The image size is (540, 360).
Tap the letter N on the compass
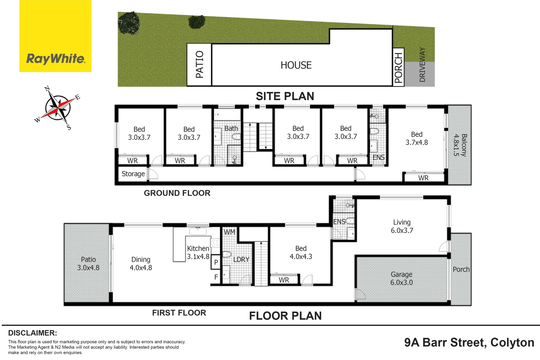pos(47,89)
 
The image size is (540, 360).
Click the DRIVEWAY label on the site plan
pos(422,65)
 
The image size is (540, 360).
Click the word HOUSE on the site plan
pos(296,65)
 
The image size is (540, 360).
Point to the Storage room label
pos(133,174)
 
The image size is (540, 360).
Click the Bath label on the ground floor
pos(231,128)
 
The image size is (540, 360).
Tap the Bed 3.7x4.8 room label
pos(416,138)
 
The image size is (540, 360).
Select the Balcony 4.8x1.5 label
pos(460,145)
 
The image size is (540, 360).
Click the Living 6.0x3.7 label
pos(402,226)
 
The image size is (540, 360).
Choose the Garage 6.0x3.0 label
pos(401,278)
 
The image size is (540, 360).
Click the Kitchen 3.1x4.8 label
pos(198,252)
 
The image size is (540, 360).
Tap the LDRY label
pos(241,260)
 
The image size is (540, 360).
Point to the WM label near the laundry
pos(229,232)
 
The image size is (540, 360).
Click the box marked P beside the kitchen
pos(216,262)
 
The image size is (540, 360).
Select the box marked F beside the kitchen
pos(216,277)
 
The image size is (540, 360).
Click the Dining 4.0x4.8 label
pos(141,263)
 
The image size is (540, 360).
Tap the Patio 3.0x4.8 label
pos(88,263)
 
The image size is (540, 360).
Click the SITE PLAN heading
pos(285,96)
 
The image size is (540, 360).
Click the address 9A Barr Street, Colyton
pos(469,342)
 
